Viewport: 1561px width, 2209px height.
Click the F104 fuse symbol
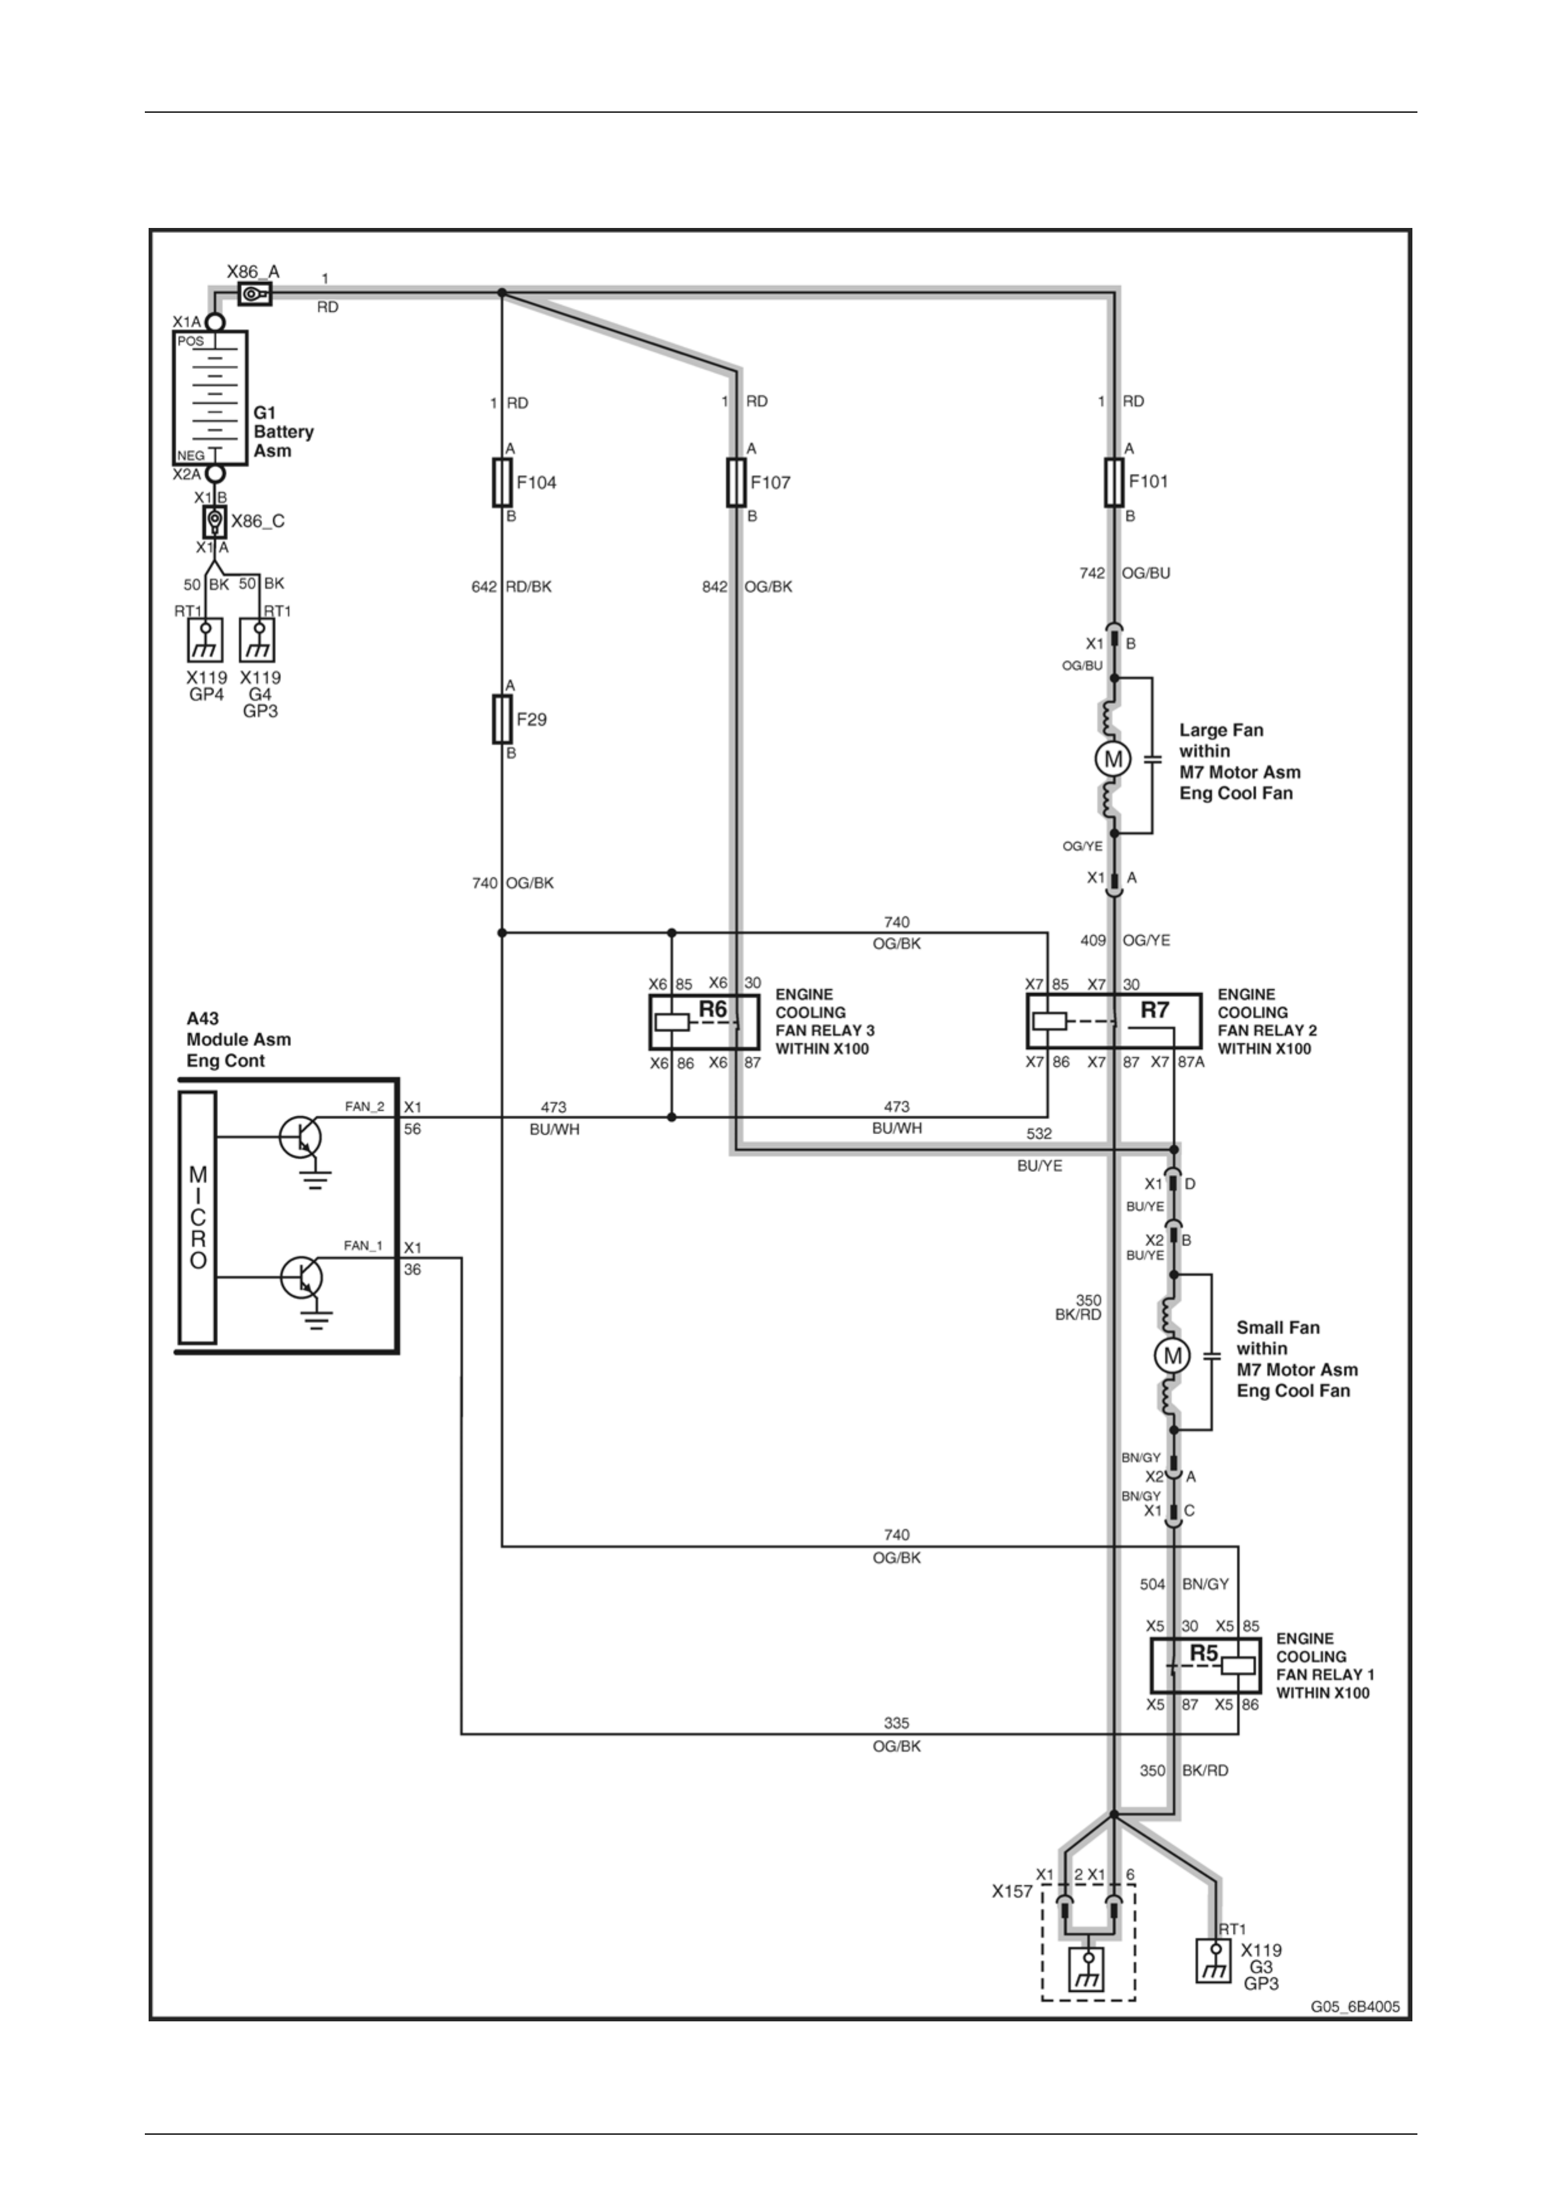(502, 482)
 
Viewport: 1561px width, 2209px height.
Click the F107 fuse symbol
(737, 482)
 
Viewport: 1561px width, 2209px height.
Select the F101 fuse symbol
(1115, 481)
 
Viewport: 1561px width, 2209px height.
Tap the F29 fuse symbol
(502, 718)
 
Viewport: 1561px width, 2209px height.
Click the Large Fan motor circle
(1114, 759)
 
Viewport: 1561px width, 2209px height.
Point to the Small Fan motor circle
(1172, 1356)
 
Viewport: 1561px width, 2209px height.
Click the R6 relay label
(713, 1009)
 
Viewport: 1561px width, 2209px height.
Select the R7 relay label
(1154, 1009)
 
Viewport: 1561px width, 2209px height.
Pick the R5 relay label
(1204, 1653)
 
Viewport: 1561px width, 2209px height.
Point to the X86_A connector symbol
(254, 293)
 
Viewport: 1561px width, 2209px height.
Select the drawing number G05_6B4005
(1355, 2008)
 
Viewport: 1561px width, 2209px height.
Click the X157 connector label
(1012, 1892)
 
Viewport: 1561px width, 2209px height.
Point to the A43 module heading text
(239, 1039)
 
